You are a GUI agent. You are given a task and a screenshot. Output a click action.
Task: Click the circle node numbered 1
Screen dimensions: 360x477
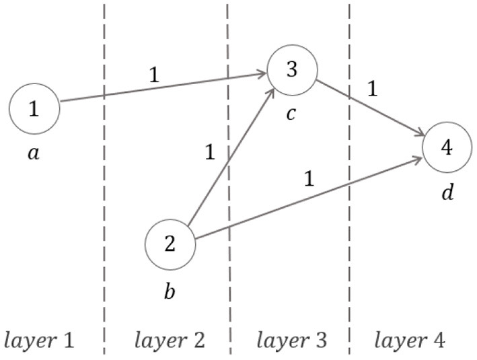tap(34, 108)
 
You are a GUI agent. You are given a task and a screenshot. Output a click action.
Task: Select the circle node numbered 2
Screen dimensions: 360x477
tap(170, 244)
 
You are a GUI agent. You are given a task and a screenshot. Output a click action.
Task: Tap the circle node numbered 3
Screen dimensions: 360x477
tap(291, 69)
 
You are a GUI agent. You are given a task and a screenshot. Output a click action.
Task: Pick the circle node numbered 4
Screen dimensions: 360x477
tap(447, 147)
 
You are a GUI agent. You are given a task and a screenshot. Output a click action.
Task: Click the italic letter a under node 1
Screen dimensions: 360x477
tap(34, 153)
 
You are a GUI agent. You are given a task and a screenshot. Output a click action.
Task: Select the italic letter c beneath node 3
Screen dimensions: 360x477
tap(291, 114)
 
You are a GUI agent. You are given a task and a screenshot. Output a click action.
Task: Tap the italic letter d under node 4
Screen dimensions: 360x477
tap(447, 192)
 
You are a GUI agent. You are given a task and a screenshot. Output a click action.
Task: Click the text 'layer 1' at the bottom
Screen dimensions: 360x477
tap(39, 340)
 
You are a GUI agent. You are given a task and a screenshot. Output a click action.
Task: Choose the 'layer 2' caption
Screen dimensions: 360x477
tap(170, 340)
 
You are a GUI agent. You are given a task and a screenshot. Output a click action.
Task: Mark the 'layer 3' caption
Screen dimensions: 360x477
tap(291, 340)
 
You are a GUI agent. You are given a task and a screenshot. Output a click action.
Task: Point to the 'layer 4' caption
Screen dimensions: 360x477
tap(409, 340)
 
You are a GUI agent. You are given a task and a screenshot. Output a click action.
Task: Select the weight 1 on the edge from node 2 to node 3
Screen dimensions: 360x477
tap(209, 153)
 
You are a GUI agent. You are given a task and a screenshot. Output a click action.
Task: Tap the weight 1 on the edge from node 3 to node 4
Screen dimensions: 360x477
tap(372, 88)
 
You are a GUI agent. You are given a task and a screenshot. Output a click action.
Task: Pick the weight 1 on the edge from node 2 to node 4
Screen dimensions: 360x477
tap(309, 179)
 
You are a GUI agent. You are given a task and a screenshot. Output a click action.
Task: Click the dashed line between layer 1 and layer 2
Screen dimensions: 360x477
tap(104, 202)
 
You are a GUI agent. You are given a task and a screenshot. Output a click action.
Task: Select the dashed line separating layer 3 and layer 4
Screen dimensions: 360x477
tap(349, 256)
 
